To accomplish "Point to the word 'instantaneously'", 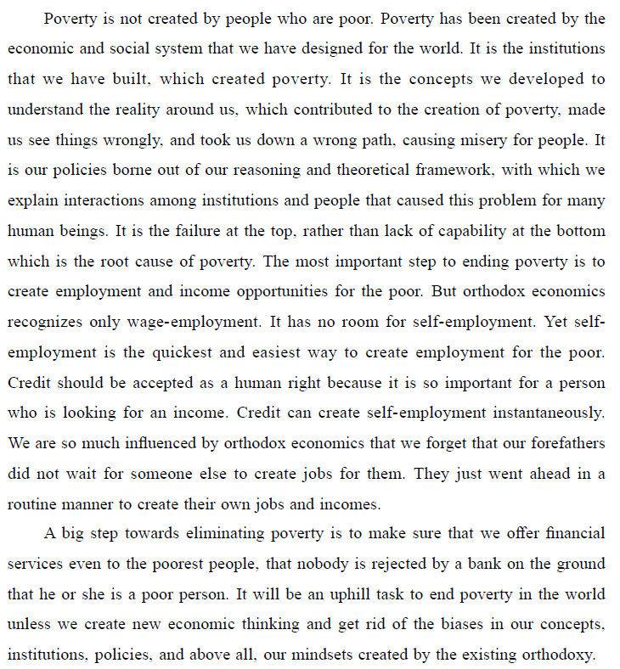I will [x=541, y=413].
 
